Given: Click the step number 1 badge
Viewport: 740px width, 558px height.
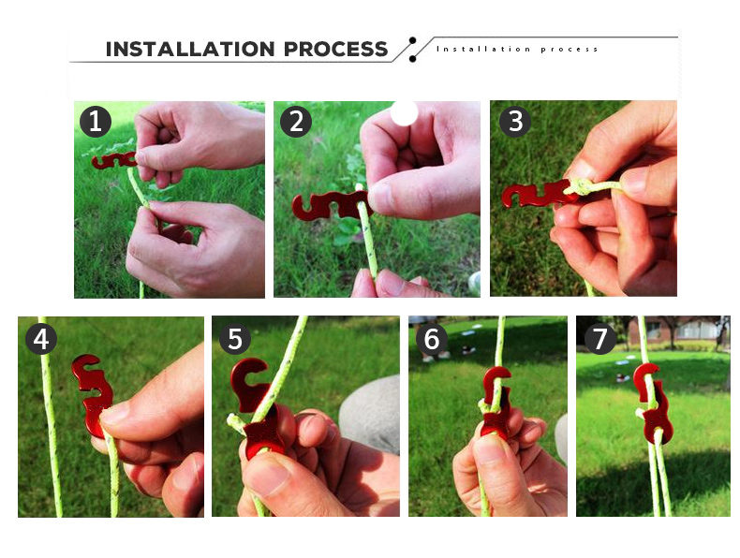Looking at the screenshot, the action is (x=96, y=121).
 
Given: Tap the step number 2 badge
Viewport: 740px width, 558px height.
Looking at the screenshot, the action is (x=296, y=121).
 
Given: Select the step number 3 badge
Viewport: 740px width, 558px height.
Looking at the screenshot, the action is (x=515, y=121).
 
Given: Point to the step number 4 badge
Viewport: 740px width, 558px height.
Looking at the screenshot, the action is (x=41, y=339).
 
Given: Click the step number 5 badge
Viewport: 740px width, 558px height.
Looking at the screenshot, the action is (x=235, y=339).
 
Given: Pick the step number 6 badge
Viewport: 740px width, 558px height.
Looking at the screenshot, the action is (x=431, y=339).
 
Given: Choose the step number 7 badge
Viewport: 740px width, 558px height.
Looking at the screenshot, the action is (x=599, y=339).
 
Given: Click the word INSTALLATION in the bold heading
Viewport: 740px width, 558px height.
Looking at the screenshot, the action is (x=190, y=49).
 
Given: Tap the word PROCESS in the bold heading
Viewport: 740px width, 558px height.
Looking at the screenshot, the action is (x=336, y=49).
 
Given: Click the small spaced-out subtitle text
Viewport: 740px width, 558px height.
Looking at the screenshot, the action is (x=517, y=49).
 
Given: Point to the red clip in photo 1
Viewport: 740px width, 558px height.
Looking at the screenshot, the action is (x=114, y=160).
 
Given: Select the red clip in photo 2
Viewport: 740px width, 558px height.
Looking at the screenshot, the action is (x=331, y=206).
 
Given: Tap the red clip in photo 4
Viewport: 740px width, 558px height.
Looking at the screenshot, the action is (x=93, y=394).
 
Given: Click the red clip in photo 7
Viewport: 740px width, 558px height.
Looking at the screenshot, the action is (x=653, y=404).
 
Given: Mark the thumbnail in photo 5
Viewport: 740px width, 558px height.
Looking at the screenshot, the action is (x=265, y=473).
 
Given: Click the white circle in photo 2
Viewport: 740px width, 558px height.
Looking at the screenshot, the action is (x=405, y=113).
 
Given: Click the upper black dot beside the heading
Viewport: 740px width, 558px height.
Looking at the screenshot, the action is (x=413, y=40).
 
